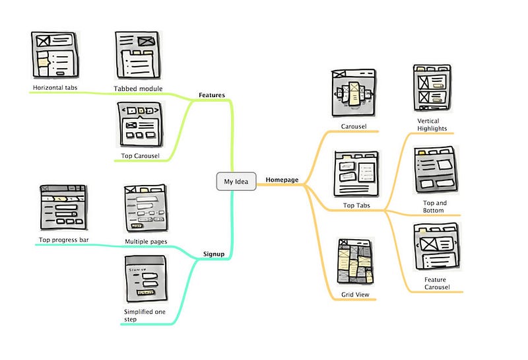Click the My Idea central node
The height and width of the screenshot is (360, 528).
click(236, 182)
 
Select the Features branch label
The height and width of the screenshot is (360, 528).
click(211, 95)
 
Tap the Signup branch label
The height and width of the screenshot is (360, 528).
click(213, 254)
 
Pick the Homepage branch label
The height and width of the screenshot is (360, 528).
click(282, 180)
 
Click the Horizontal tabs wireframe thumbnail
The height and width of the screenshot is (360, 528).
click(55, 55)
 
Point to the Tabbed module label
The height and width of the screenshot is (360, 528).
click(138, 89)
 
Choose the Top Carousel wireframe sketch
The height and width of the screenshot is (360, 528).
click(140, 124)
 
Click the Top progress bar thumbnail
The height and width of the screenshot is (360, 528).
click(63, 207)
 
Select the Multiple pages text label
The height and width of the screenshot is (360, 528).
click(146, 241)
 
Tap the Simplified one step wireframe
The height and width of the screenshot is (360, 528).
click(146, 279)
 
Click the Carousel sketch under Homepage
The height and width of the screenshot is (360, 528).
click(354, 93)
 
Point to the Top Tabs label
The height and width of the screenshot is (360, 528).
click(356, 205)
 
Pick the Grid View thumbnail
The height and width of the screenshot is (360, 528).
click(355, 261)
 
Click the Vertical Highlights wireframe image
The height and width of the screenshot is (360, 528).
click(432, 88)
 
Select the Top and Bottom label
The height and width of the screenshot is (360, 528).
click(435, 207)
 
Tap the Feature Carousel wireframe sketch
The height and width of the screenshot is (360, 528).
click(436, 246)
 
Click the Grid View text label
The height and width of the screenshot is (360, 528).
click(355, 295)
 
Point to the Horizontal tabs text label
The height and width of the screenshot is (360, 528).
click(55, 88)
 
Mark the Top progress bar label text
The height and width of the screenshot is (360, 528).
click(63, 240)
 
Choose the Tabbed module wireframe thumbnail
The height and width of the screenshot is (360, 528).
click(138, 55)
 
